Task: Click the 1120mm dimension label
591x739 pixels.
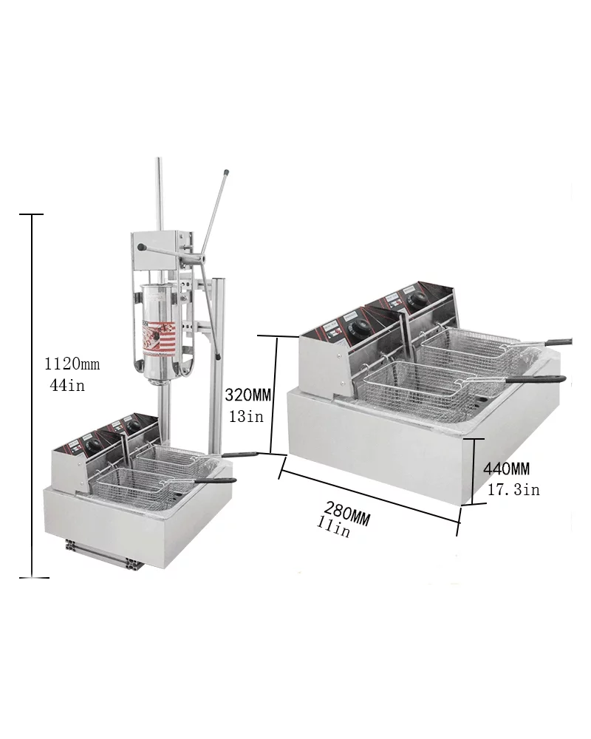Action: pyautogui.click(x=72, y=364)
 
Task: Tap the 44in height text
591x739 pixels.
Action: pyautogui.click(x=66, y=385)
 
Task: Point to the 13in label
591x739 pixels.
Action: pyautogui.click(x=245, y=417)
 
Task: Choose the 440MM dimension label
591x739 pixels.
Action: pyautogui.click(x=506, y=469)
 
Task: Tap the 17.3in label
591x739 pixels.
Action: pyautogui.click(x=513, y=489)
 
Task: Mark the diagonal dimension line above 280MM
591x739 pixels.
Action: pyautogui.click(x=369, y=491)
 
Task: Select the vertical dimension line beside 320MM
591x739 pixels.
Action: pyautogui.click(x=274, y=395)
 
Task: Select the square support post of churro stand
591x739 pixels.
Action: pyautogui.click(x=217, y=362)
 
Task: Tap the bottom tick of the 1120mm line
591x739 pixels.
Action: pyautogui.click(x=32, y=576)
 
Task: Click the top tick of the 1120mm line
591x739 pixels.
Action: pyautogui.click(x=32, y=214)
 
